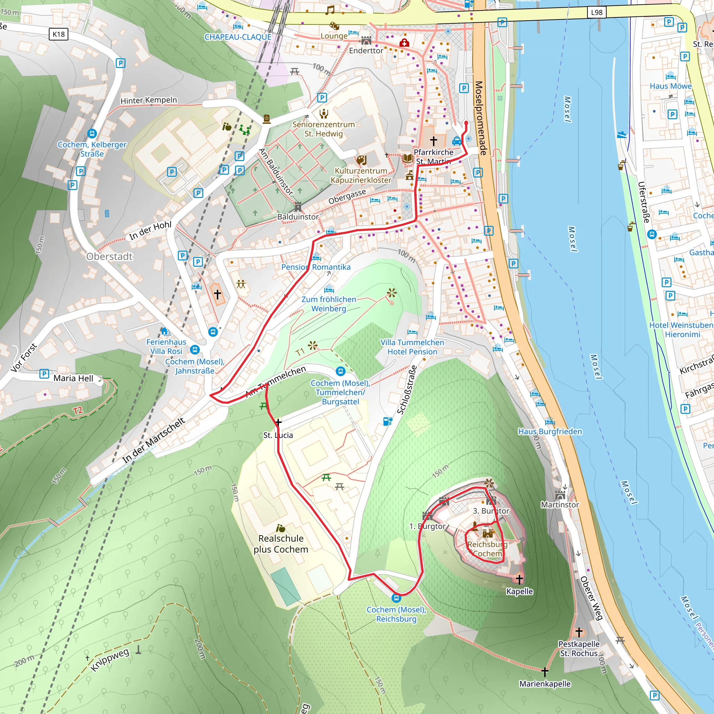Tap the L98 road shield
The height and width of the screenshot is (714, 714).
click(597, 13)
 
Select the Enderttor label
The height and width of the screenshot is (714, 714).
click(366, 51)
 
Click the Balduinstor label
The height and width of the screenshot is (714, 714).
click(298, 217)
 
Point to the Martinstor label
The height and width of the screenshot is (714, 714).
click(560, 505)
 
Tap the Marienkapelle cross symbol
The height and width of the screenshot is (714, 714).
click(545, 671)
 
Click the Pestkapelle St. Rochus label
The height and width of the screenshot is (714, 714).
click(579, 648)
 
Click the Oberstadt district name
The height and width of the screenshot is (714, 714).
click(109, 257)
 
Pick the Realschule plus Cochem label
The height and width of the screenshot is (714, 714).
click(281, 544)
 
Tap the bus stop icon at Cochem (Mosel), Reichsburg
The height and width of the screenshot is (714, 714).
click(396, 598)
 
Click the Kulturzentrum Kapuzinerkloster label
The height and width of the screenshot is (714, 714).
click(361, 176)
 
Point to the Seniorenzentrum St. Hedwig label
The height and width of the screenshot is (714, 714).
click(324, 129)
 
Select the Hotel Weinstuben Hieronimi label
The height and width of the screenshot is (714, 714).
click(681, 330)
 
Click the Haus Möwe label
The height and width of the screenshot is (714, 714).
click(670, 86)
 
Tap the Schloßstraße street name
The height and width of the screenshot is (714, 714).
click(407, 390)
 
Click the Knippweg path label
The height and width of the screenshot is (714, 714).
click(110, 660)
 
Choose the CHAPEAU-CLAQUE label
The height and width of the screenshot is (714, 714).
click(238, 37)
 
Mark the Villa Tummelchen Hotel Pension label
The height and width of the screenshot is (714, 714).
click(412, 347)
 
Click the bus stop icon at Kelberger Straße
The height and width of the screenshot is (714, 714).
click(92, 134)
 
